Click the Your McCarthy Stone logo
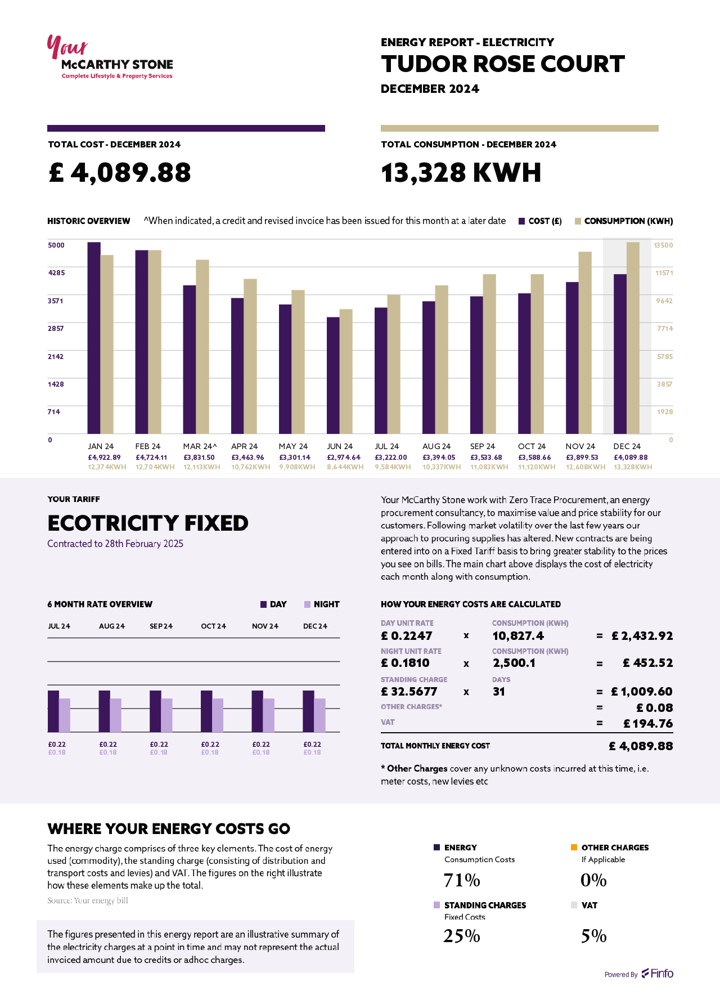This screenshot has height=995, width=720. (x=110, y=58)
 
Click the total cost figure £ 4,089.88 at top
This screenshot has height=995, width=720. (x=120, y=173)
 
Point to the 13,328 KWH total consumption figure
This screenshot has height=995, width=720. (x=461, y=173)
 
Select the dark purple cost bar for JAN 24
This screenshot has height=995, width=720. (x=94, y=338)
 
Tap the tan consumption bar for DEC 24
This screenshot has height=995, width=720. (x=633, y=338)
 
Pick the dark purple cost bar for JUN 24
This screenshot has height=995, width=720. (x=333, y=375)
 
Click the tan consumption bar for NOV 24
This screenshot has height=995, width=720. (x=585, y=343)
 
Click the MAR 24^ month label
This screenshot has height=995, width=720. (x=200, y=446)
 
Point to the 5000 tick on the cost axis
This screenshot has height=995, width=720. (x=56, y=245)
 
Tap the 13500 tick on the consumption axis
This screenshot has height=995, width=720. (x=663, y=245)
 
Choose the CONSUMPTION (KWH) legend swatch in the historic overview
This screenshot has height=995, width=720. (x=578, y=221)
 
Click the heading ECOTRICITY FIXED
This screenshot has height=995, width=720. (x=148, y=523)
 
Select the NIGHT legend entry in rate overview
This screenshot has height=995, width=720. (x=322, y=604)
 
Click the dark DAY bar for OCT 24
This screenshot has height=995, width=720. (x=206, y=711)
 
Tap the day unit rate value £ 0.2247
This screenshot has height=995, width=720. (x=407, y=636)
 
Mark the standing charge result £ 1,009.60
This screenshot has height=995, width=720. (x=642, y=692)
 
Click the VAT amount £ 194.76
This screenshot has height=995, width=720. (x=648, y=724)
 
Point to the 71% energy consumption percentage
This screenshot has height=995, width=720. (x=462, y=880)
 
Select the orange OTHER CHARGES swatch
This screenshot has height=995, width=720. (x=574, y=848)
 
